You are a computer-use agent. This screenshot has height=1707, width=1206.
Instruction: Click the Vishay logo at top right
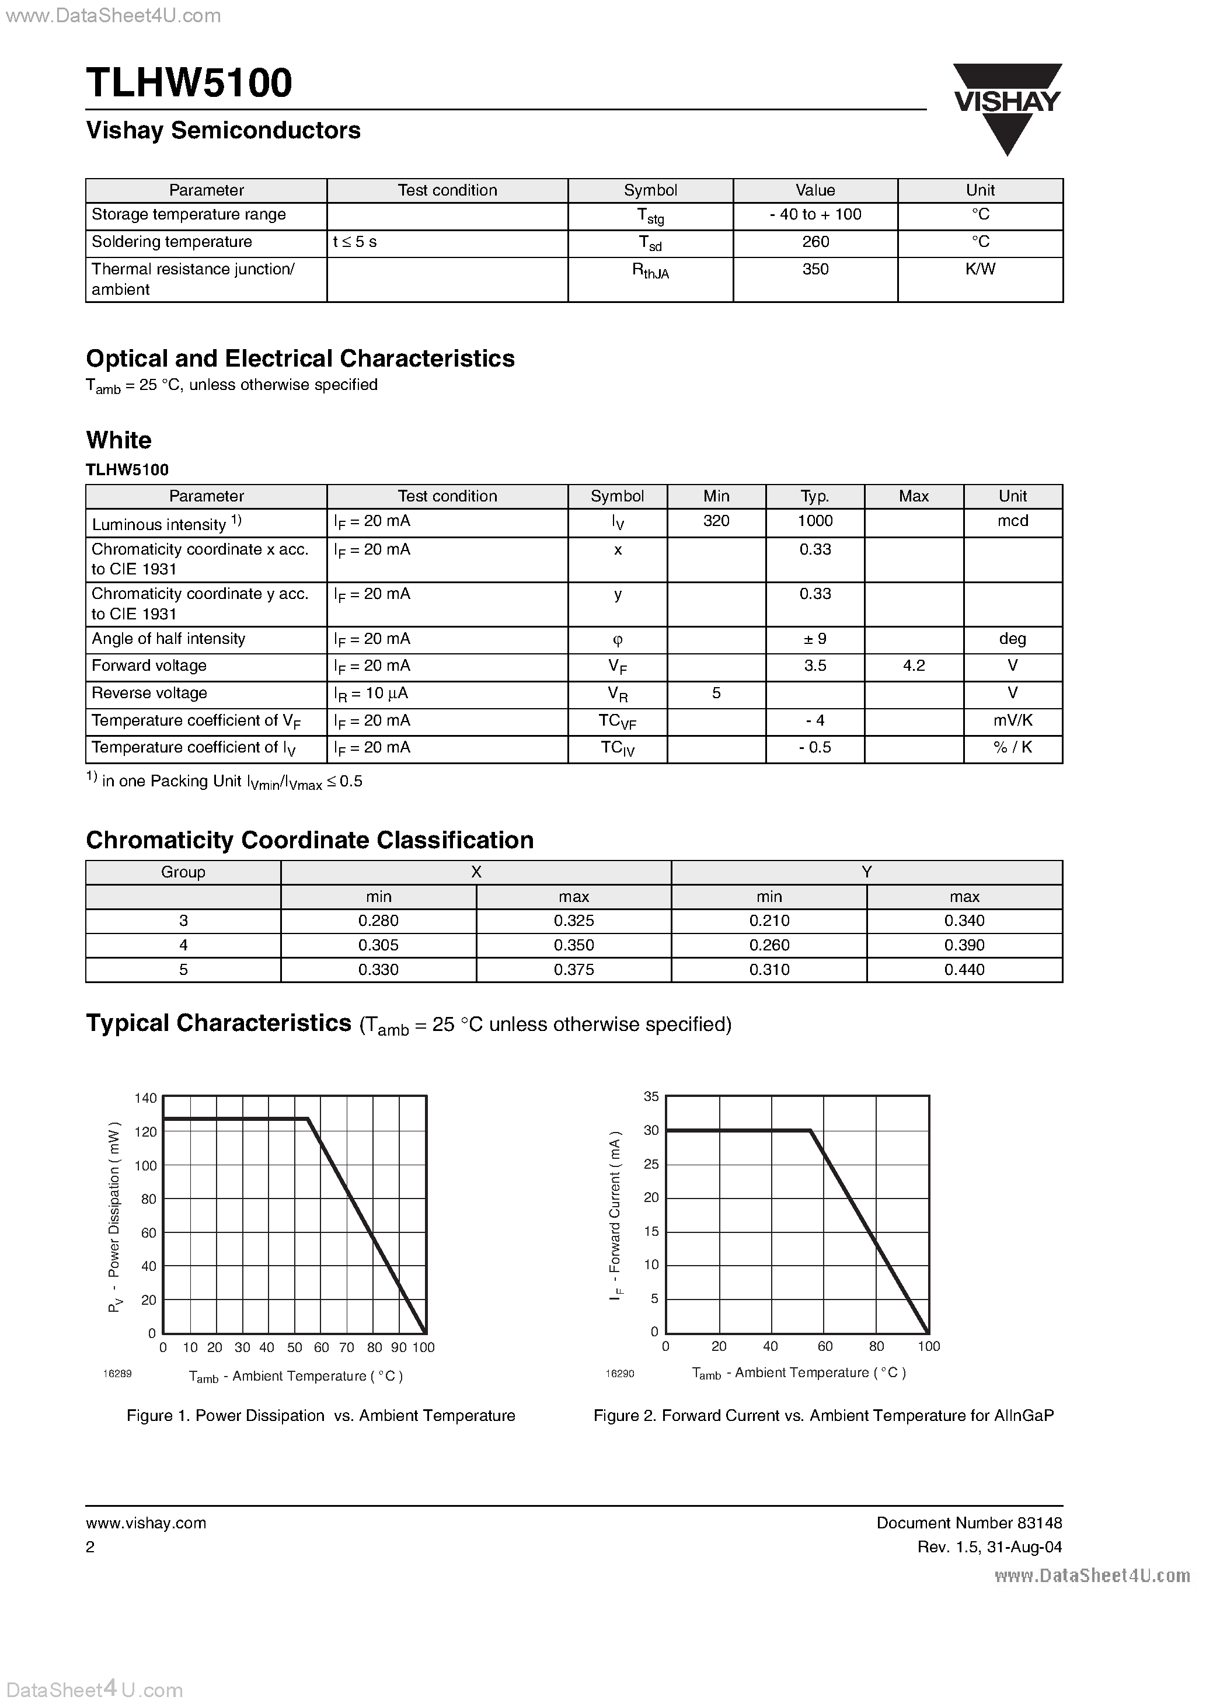pyautogui.click(x=1008, y=108)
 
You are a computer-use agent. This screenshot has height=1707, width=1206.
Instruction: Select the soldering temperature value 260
pyautogui.click(x=815, y=242)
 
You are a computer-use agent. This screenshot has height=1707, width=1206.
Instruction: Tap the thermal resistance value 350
pyautogui.click(x=815, y=269)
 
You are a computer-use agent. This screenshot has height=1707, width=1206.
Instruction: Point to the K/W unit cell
pyautogui.click(x=980, y=269)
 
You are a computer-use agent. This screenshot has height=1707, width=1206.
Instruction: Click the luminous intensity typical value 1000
pyautogui.click(x=815, y=521)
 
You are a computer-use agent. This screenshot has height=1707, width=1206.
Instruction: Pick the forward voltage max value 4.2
pyautogui.click(x=913, y=666)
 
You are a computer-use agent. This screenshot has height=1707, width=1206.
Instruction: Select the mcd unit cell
pyautogui.click(x=1012, y=521)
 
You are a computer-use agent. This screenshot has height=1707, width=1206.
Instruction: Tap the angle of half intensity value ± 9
pyautogui.click(x=815, y=639)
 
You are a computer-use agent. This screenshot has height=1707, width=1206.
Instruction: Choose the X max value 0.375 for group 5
pyautogui.click(x=573, y=970)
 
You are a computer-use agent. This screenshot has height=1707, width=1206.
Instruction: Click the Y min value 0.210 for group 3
pyautogui.click(x=769, y=921)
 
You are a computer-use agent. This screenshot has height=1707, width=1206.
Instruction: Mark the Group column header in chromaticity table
pyautogui.click(x=183, y=872)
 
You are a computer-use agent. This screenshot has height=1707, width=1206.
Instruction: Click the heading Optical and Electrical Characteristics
pyautogui.click(x=301, y=358)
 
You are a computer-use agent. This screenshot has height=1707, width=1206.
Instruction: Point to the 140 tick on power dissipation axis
pyautogui.click(x=145, y=1098)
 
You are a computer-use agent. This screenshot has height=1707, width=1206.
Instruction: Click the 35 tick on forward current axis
pyautogui.click(x=651, y=1096)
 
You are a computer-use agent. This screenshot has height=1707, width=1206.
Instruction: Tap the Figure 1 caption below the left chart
pyautogui.click(x=320, y=1416)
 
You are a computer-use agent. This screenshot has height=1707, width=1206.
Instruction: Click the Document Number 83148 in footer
pyautogui.click(x=969, y=1523)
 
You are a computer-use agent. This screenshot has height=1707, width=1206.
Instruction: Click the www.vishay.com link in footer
pyautogui.click(x=146, y=1523)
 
